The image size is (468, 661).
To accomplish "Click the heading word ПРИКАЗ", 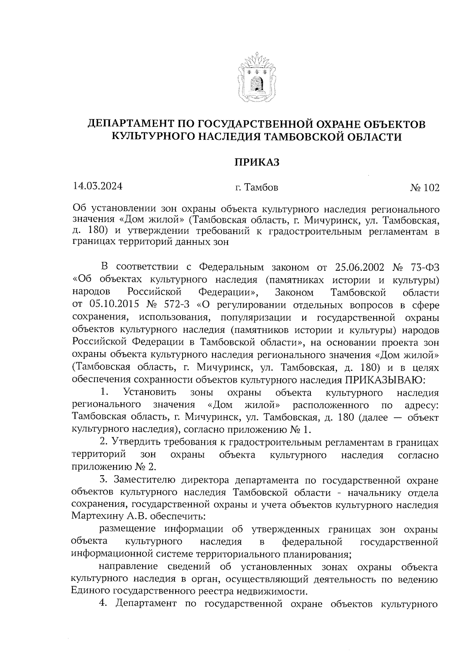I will [x=257, y=162].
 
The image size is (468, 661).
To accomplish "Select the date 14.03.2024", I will [x=97, y=186].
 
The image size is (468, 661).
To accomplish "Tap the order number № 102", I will [x=424, y=188].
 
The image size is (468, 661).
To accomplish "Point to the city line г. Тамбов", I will [x=257, y=188].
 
